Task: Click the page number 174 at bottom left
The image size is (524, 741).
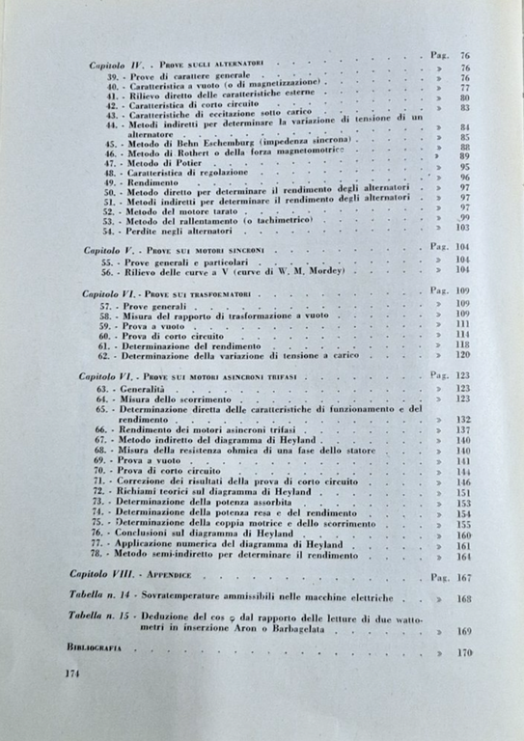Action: [67, 672]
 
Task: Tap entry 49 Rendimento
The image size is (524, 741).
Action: [145, 180]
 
